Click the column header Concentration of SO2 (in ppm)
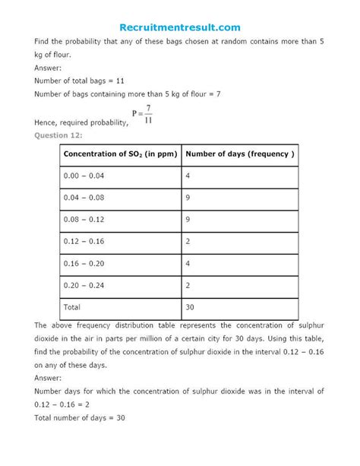[x=120, y=154]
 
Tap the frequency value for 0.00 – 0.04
[x=188, y=176]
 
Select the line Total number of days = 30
[x=80, y=417]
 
